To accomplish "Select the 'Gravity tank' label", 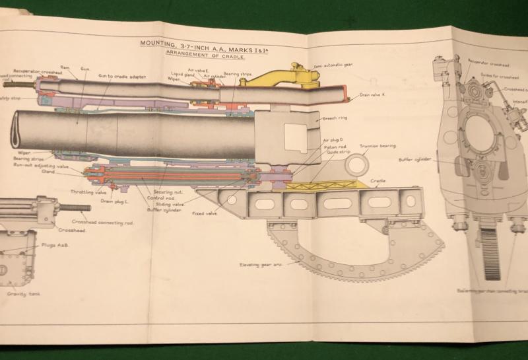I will click(23, 293).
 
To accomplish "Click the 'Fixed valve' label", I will click(205, 213).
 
